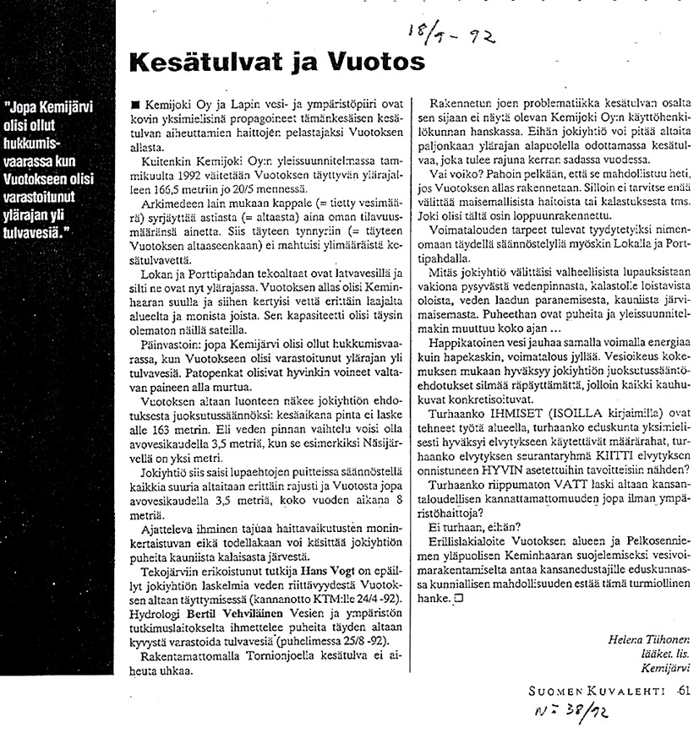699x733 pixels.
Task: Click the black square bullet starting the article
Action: [x=125, y=100]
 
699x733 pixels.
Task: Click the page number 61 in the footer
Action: [x=684, y=691]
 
